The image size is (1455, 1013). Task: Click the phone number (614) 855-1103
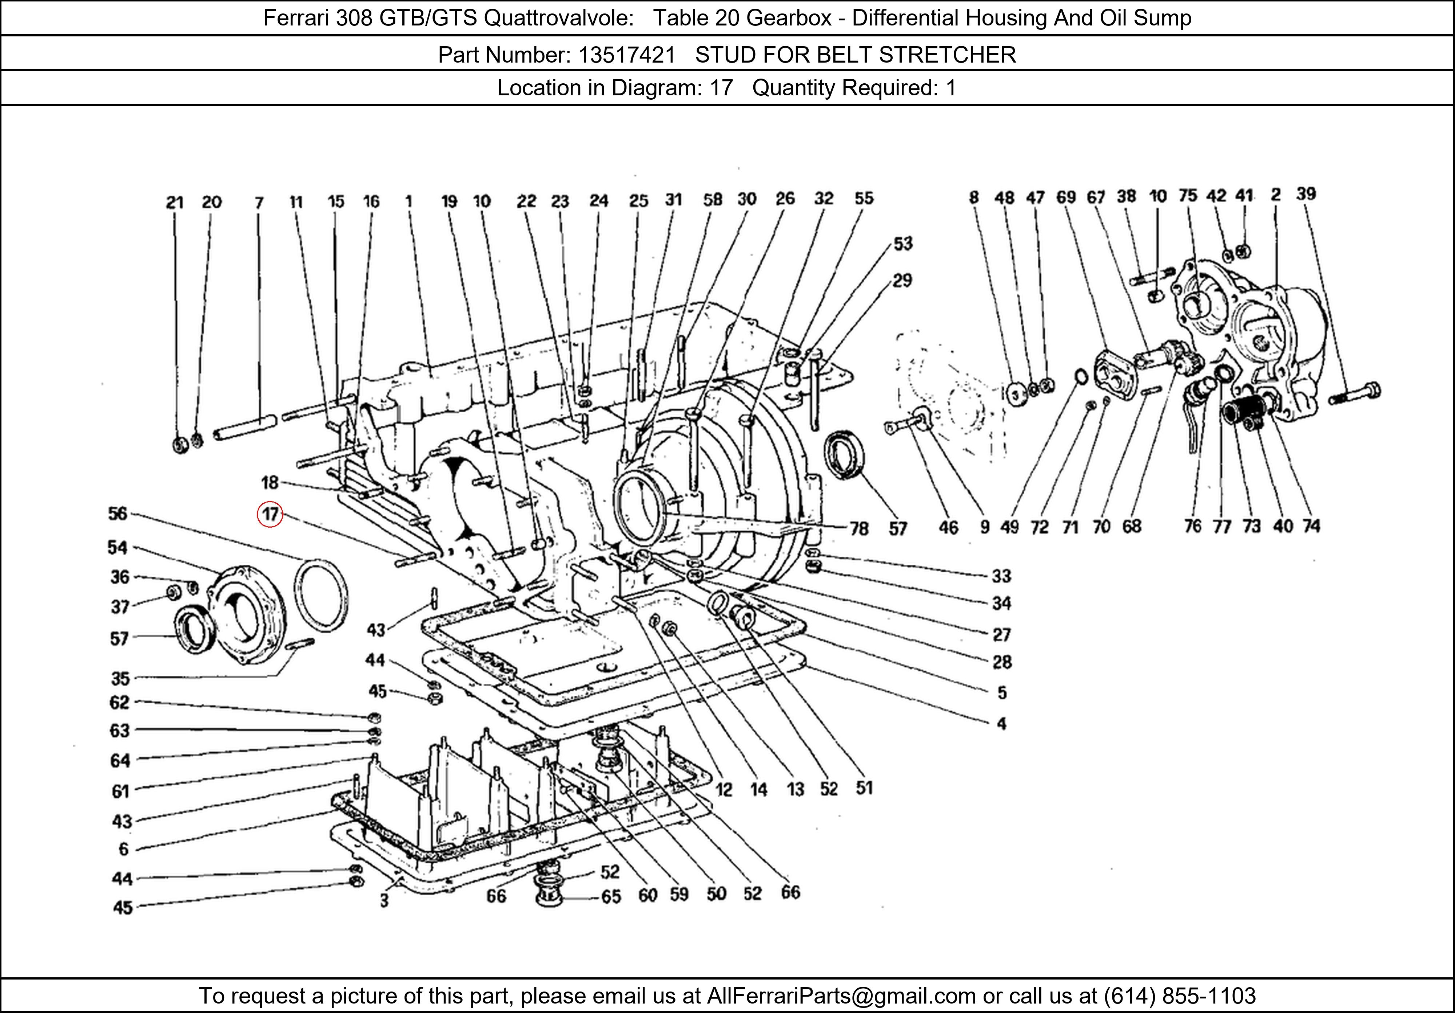(x=1179, y=996)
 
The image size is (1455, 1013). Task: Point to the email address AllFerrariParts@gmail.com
(x=841, y=996)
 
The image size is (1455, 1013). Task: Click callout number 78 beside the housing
(x=859, y=528)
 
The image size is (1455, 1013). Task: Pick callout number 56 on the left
(x=118, y=513)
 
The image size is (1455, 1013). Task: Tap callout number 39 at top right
(x=1306, y=194)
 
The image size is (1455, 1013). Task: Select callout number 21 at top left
(x=175, y=202)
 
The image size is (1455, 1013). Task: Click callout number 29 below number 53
(x=902, y=280)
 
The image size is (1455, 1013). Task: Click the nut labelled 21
(x=180, y=444)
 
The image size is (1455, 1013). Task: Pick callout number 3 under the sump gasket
(x=384, y=900)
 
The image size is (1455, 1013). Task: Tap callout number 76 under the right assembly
(x=1193, y=526)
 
